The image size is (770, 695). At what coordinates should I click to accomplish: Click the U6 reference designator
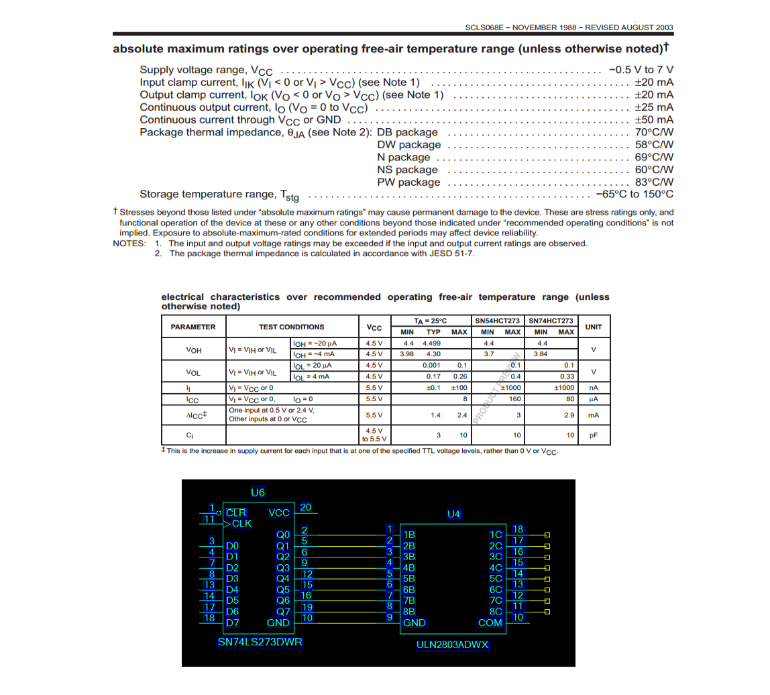coord(258,492)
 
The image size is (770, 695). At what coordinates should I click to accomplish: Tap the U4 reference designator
coord(454,514)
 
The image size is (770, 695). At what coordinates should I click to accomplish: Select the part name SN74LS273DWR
coord(260,642)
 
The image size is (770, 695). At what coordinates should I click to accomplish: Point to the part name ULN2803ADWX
coord(453,645)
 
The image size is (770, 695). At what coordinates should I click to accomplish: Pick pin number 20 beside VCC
coord(305,507)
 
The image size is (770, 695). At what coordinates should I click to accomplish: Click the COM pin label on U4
coord(490,623)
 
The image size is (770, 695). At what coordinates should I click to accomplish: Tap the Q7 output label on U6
coord(283,611)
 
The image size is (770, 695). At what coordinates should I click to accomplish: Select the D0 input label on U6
coord(233,546)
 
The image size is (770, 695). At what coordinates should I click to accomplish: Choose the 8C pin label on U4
coord(496,611)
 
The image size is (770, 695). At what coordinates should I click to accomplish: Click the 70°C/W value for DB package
coord(654,132)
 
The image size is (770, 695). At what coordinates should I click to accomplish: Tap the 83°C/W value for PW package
coord(654,182)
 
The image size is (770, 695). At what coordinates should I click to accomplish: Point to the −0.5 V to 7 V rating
coord(641,70)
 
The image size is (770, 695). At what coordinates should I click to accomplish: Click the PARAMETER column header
coord(193,327)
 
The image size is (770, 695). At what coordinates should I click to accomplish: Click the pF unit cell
coord(593,435)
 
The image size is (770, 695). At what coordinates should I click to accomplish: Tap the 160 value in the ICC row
coord(514,398)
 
